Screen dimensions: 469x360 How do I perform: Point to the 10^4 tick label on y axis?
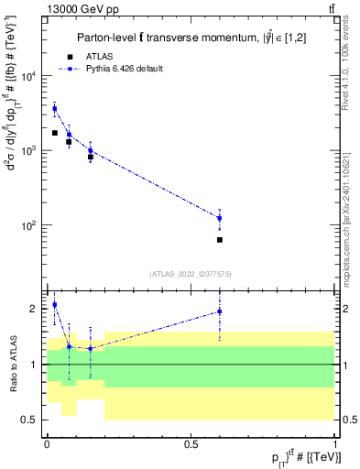coord(27,76)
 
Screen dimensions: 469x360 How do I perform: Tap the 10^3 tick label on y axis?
coord(27,150)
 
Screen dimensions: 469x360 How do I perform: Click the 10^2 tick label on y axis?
coord(27,224)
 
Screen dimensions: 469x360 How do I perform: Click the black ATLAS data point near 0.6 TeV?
coord(220,240)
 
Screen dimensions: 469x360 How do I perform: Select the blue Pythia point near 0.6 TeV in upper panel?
coord(220,218)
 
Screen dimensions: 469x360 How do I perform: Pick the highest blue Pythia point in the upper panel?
coord(54,108)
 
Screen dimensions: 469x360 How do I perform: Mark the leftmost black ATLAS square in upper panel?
coord(54,133)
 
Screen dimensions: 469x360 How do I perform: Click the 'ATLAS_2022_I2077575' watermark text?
coord(190,273)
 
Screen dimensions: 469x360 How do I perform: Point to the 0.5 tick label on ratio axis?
coord(29,420)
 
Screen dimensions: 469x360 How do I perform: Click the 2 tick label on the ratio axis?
coord(33,309)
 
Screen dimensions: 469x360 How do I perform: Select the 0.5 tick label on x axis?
coord(191,443)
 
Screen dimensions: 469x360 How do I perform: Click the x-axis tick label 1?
coord(335,443)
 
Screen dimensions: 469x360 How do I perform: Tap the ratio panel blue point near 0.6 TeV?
coord(220,311)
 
